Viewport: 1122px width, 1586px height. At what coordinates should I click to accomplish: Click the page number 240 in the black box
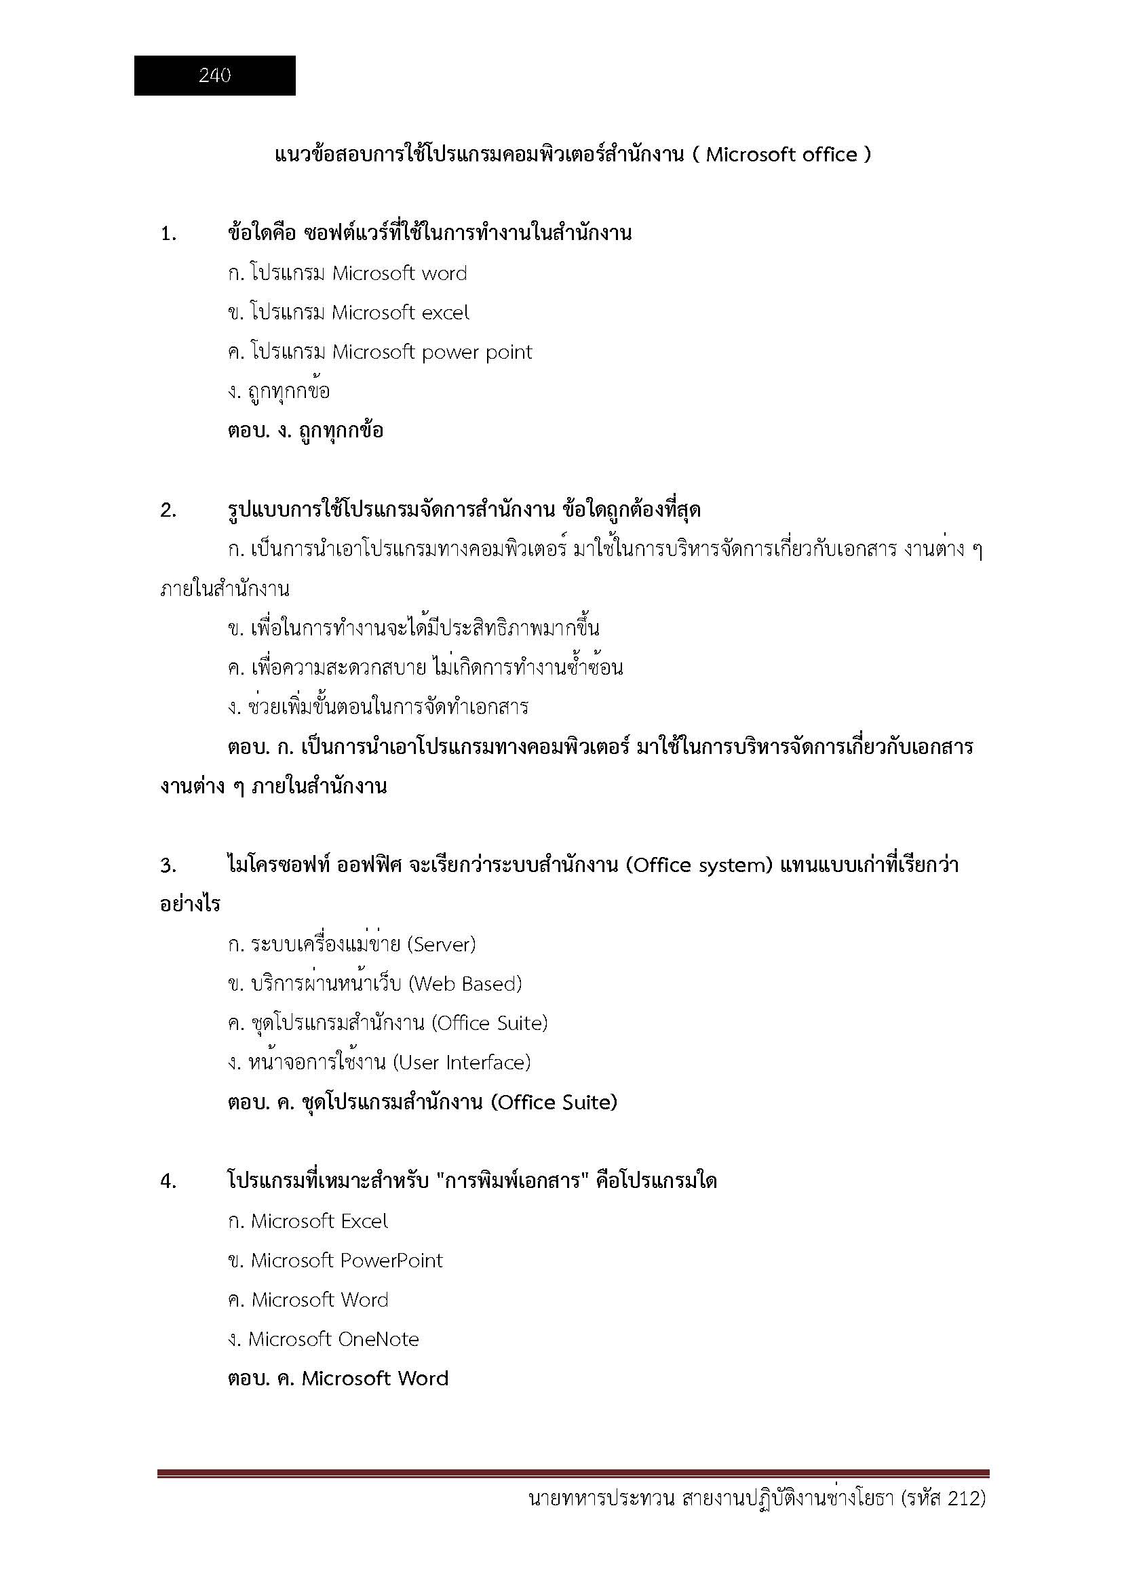click(214, 75)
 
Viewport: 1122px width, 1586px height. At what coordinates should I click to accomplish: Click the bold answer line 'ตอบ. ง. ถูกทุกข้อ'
click(305, 431)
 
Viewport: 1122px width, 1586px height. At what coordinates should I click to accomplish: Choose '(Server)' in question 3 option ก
click(442, 945)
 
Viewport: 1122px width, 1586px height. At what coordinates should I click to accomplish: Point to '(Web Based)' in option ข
click(465, 984)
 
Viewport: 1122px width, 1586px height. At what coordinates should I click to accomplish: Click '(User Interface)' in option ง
click(461, 1063)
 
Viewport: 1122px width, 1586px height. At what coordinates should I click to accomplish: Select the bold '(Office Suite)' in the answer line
click(554, 1103)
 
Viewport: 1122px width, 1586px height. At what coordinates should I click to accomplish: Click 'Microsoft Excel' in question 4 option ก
click(320, 1221)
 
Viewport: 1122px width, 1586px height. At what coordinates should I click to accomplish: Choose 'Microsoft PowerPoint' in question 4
click(346, 1261)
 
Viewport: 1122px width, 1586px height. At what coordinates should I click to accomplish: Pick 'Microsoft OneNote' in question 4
click(334, 1339)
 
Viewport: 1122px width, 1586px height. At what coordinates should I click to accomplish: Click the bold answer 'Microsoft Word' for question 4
click(375, 1379)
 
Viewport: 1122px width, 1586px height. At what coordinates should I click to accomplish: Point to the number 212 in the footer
click(964, 1518)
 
